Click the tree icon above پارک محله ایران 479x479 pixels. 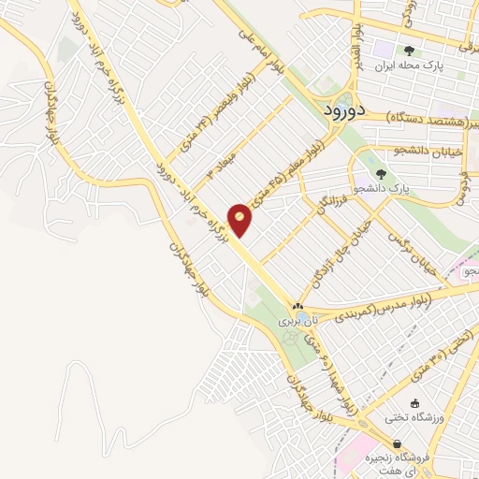coord(408,51)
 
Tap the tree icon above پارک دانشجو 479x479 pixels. coord(380,173)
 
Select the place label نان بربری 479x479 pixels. coord(298,321)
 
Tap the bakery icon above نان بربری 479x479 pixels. coord(298,306)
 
